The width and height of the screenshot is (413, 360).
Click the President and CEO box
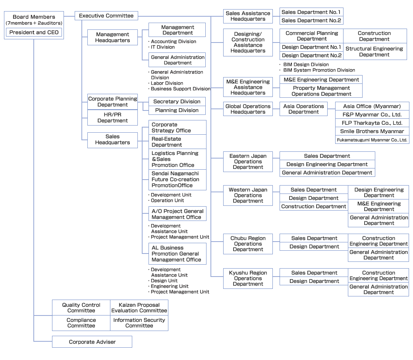pos(34,32)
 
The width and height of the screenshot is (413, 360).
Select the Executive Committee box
pos(106,15)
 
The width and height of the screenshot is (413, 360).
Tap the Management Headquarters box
pos(112,37)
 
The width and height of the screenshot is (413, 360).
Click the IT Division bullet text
pos(163,47)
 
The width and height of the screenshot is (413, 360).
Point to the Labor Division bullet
pos(167,83)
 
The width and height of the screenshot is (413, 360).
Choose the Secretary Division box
pos(177,101)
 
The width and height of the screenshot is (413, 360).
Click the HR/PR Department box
pos(112,118)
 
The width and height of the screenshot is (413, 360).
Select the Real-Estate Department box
pos(177,142)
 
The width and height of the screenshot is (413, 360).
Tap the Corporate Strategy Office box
pos(177,128)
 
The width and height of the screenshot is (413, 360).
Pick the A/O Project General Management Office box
pos(177,214)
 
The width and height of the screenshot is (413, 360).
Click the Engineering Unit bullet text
pos(170,286)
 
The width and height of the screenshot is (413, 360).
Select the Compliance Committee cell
pos(81,323)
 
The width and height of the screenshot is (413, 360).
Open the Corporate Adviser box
pos(92,342)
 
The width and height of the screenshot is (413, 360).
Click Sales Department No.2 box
pos(311,21)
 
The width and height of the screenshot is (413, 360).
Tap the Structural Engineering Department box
pos(374,52)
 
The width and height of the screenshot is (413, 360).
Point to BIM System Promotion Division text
pos(319,70)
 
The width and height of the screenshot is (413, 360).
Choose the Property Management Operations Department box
pos(321,91)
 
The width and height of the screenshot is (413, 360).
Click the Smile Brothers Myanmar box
pos(372,131)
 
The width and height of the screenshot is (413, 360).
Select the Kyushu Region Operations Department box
pos(248,278)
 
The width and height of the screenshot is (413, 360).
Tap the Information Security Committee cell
pos(139,323)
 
